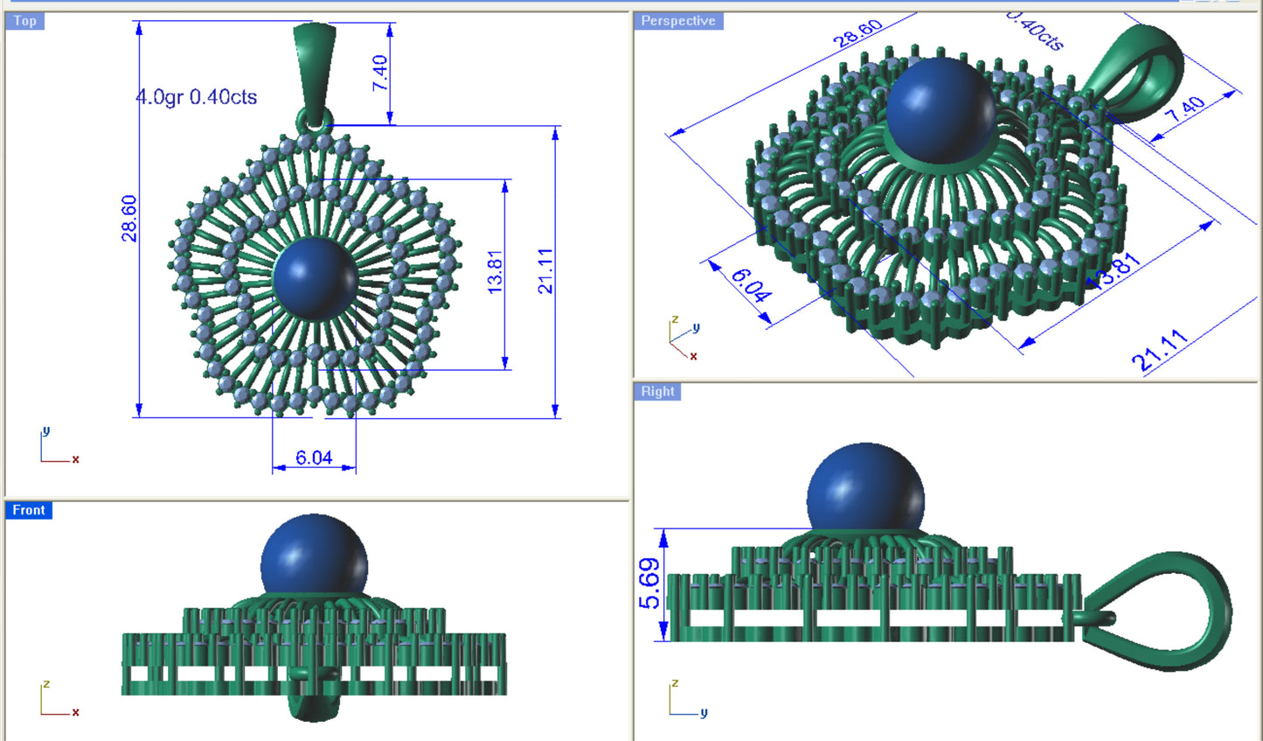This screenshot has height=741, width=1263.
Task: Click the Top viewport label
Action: pyautogui.click(x=24, y=21)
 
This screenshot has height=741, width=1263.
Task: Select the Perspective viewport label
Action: pyautogui.click(x=677, y=21)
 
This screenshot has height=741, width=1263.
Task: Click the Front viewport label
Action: pyautogui.click(x=28, y=510)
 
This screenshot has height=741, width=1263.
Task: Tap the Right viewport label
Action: pyautogui.click(x=657, y=391)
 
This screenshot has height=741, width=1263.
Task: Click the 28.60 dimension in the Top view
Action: pyautogui.click(x=129, y=218)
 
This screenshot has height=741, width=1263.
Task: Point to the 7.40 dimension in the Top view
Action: pyautogui.click(x=379, y=73)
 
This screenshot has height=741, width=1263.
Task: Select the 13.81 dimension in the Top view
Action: pyautogui.click(x=495, y=271)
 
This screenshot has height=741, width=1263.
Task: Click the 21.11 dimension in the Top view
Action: pyautogui.click(x=545, y=271)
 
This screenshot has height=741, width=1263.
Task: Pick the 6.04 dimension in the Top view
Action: pyautogui.click(x=313, y=458)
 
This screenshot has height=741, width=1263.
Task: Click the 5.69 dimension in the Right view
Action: pyautogui.click(x=649, y=584)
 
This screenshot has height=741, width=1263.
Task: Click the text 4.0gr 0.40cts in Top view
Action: pyautogui.click(x=197, y=97)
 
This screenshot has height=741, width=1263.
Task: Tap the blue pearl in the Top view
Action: pyautogui.click(x=314, y=277)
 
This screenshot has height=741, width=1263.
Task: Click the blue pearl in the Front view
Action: pyautogui.click(x=314, y=560)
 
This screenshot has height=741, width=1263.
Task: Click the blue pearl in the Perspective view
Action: pyautogui.click(x=940, y=109)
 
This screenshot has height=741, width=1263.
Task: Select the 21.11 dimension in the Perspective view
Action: pyautogui.click(x=1160, y=350)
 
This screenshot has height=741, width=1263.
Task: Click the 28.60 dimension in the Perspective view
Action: pyautogui.click(x=857, y=33)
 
